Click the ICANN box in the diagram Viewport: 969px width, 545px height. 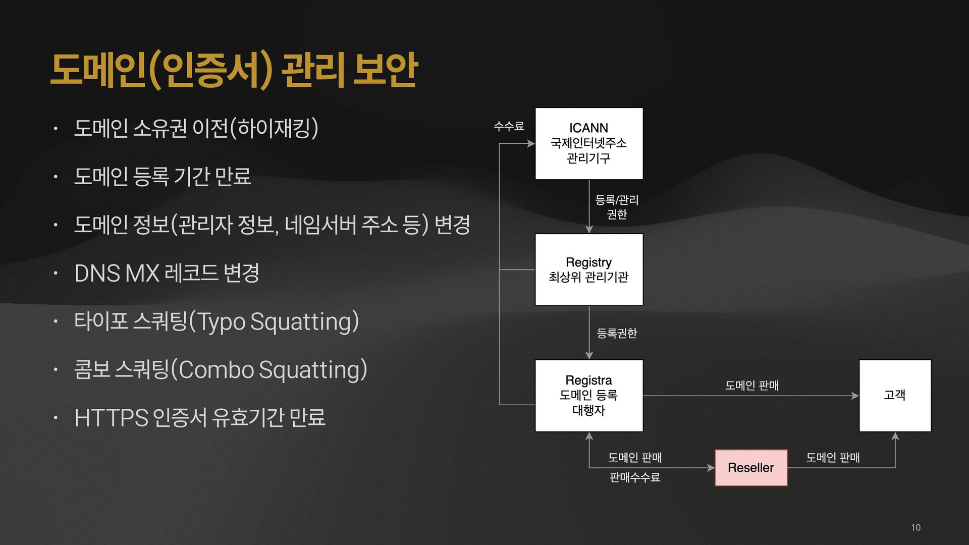(x=589, y=143)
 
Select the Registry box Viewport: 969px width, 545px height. (x=589, y=269)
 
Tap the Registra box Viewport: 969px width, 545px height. (x=589, y=396)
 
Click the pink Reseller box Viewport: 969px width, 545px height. (x=751, y=468)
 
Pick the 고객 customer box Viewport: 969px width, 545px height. (x=895, y=396)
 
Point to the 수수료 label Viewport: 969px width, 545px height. (x=509, y=126)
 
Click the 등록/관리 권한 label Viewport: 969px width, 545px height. (x=617, y=207)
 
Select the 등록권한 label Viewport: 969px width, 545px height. (x=617, y=333)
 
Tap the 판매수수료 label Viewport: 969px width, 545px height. (x=635, y=477)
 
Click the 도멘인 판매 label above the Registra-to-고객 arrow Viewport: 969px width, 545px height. (x=752, y=386)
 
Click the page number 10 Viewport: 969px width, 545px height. (x=916, y=527)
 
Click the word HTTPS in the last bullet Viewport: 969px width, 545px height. (x=111, y=418)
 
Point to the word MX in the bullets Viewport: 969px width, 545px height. (x=142, y=274)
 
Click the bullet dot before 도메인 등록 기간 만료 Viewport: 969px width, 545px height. (x=56, y=177)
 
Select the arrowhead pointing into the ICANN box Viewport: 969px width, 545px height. (x=531, y=144)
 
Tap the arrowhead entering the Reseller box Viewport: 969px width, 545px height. (x=711, y=468)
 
